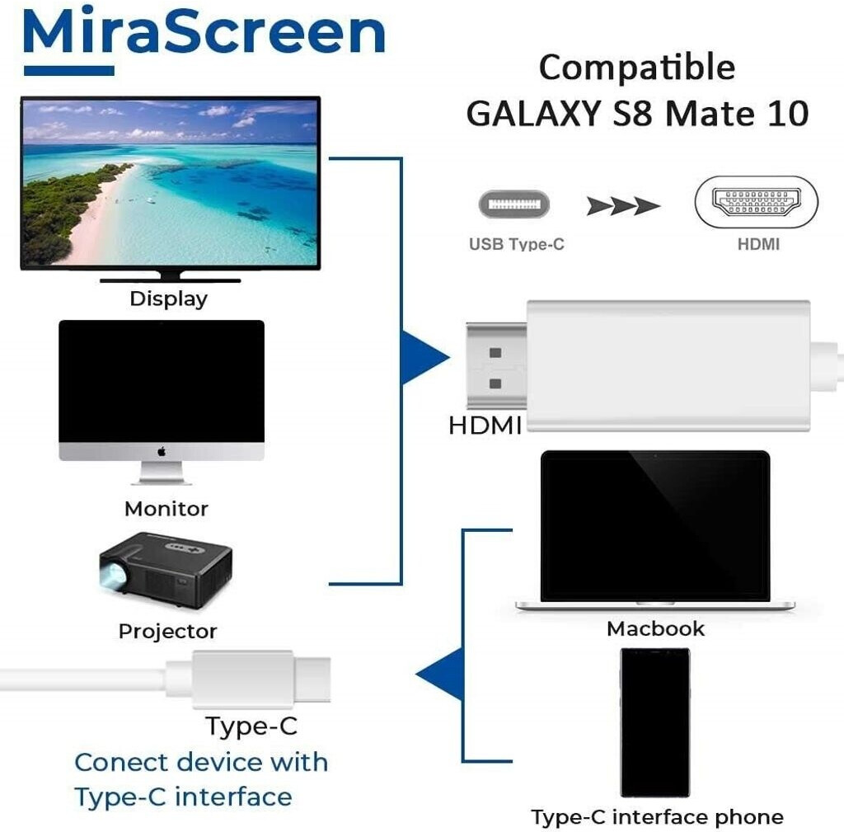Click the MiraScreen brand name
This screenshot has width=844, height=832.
(x=204, y=31)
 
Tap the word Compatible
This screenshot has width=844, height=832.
(x=637, y=68)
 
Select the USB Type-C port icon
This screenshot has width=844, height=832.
(x=513, y=204)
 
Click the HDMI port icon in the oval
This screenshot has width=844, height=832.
(x=756, y=202)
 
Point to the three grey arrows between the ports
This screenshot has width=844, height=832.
(x=623, y=205)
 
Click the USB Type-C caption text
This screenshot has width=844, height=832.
(x=517, y=244)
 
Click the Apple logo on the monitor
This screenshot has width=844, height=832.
(x=162, y=452)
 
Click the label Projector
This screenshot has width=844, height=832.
(x=167, y=631)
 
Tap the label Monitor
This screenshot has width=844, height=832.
(x=166, y=509)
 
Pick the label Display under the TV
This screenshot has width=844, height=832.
(x=168, y=298)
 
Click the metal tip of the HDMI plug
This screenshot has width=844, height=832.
(x=496, y=365)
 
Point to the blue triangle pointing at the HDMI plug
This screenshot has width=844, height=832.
(x=423, y=357)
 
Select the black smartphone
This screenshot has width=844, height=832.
(x=655, y=722)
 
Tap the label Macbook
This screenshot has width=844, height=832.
(x=655, y=628)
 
